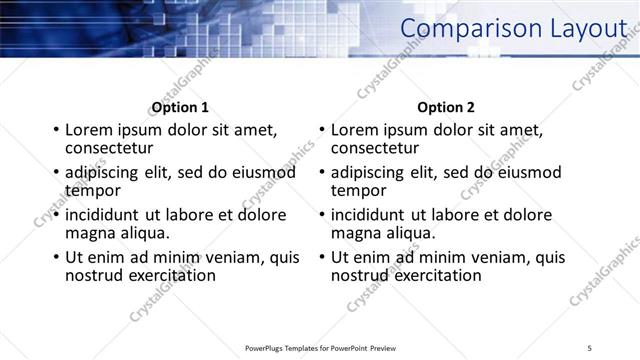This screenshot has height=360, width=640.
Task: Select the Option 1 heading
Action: [x=180, y=107]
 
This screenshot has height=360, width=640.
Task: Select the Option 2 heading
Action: [x=446, y=107]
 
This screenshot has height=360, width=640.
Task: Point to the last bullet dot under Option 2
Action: [x=321, y=257]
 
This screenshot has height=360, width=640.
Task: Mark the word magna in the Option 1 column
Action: [x=88, y=232]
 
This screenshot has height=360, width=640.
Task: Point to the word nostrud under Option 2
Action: [x=358, y=275]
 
